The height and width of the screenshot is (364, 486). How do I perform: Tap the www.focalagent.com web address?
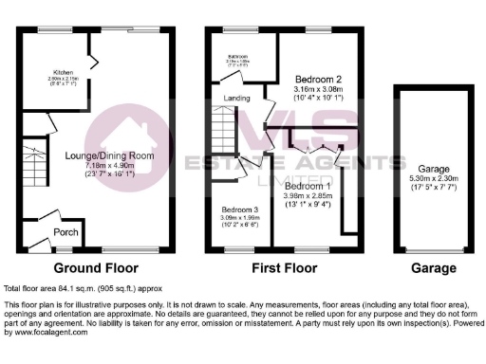(x=48, y=333)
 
